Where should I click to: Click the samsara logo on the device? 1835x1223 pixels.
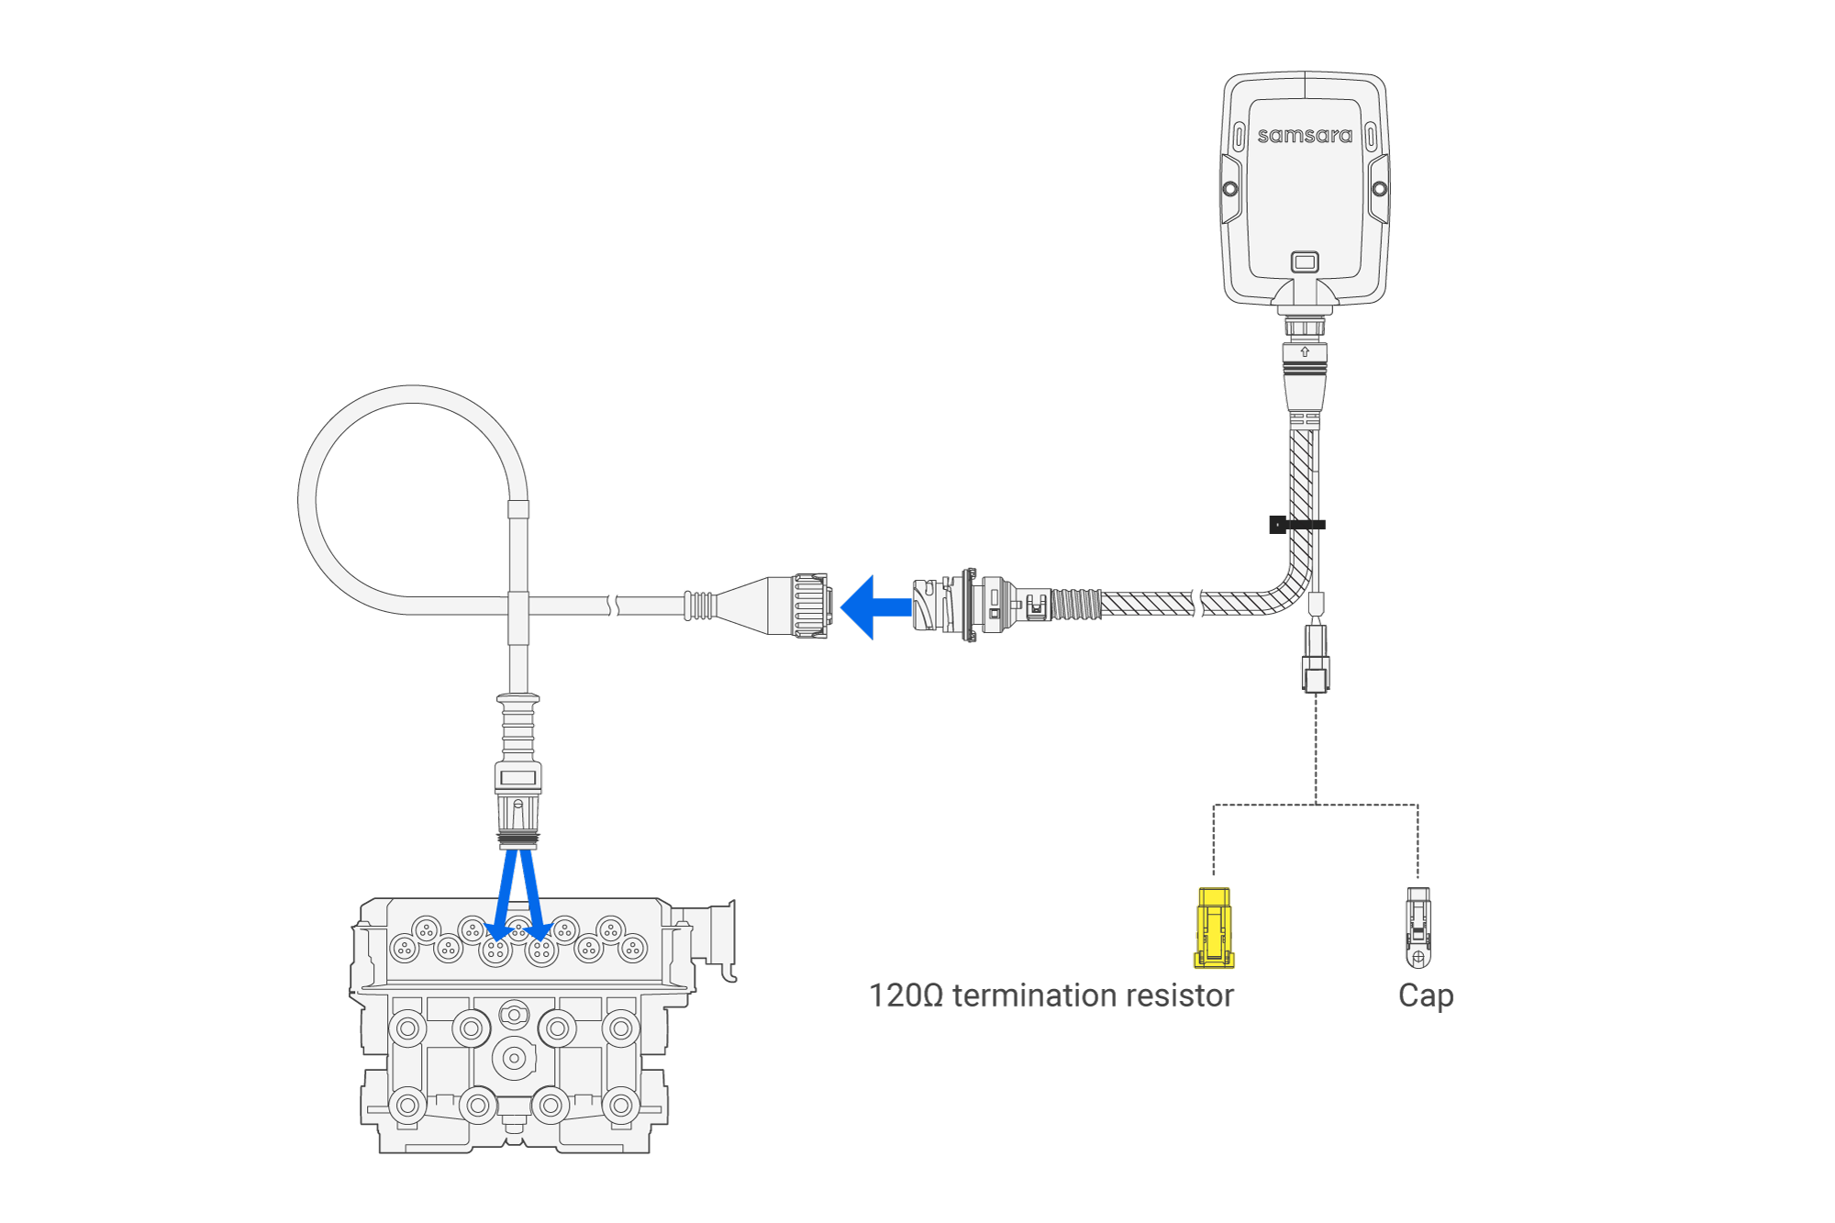1304,136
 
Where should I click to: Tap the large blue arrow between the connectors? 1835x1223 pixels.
873,607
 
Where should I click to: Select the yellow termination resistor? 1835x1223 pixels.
1214,928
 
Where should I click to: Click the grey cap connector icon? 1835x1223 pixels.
1418,928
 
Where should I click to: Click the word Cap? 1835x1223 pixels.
1425,996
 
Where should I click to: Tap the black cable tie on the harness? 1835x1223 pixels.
1296,525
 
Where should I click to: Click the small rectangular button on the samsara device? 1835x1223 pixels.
1304,262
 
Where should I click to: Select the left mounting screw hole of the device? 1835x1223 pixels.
1230,189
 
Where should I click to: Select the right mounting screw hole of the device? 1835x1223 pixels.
1379,189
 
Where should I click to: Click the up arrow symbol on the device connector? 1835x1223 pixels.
1304,351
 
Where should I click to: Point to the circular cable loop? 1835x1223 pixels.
412,500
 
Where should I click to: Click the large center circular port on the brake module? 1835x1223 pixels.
514,1058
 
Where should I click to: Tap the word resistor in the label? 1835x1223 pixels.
1183,996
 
